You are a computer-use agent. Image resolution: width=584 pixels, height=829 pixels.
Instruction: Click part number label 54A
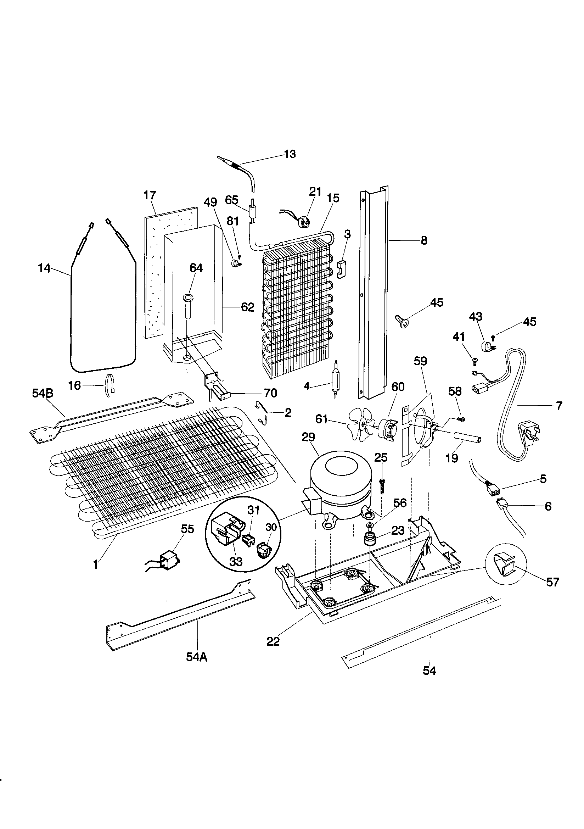coord(197,657)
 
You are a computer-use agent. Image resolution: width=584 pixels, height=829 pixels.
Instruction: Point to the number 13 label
coord(290,154)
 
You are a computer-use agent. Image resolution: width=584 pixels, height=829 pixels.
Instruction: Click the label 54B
coord(43,393)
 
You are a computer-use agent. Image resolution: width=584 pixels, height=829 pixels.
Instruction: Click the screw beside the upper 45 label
coord(401,320)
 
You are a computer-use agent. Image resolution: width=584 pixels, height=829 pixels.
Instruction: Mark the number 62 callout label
coord(248,307)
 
